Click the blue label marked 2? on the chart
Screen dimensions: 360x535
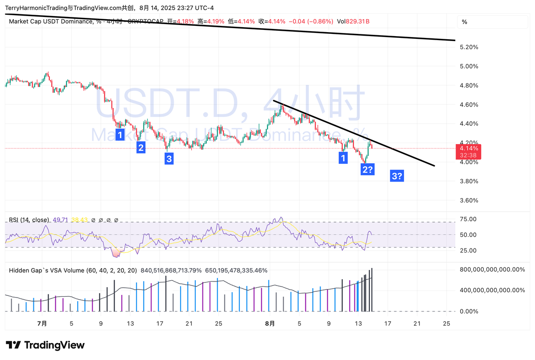pos(368,170)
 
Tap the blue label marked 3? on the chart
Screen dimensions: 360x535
pos(397,176)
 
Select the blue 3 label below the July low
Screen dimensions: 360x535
pos(169,158)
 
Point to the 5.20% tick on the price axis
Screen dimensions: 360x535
pos(469,47)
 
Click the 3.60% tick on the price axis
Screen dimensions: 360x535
pos(469,200)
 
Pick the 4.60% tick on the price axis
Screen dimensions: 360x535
pos(469,104)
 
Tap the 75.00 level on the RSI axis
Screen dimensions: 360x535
pos(468,219)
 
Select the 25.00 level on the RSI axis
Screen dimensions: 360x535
pos(468,250)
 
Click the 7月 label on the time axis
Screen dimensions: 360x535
pos(42,323)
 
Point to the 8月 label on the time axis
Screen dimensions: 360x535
pos(270,323)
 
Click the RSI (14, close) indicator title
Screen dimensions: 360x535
pos(29,220)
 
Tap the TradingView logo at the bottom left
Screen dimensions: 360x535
pos(45,345)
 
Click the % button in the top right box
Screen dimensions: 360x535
pos(464,22)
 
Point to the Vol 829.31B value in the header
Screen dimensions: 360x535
pos(353,21)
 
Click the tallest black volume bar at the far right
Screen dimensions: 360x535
pos(372,290)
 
